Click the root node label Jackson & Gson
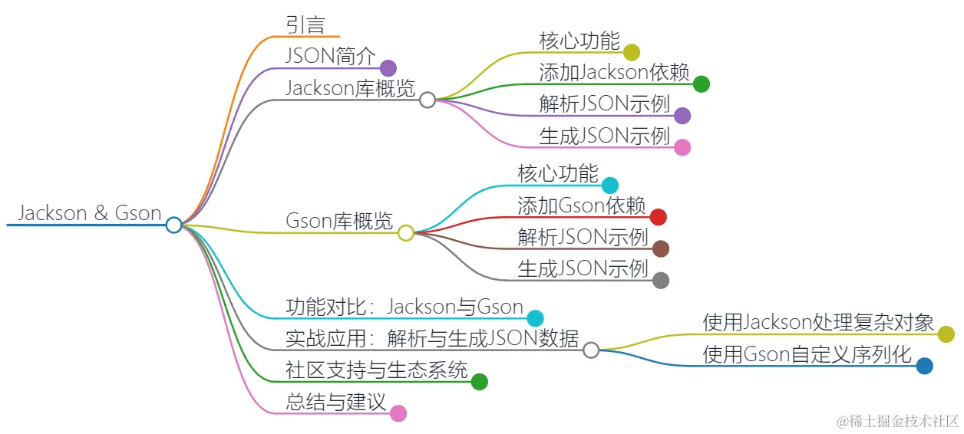89,213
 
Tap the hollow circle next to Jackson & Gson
174,225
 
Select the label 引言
305,25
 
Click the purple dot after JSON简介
388,68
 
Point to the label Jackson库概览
350,88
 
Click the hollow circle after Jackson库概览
428,100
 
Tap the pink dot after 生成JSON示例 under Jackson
682,147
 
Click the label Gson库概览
338,222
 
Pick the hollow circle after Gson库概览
406,233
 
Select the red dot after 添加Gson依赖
658,217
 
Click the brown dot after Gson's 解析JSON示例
660,248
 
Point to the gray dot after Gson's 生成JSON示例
660,281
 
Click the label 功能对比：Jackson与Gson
404,307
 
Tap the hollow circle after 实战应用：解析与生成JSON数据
590,350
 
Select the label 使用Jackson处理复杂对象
818,323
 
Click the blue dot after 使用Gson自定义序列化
925,366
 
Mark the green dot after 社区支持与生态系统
479,382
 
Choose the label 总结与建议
335,402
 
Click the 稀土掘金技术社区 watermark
898,421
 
